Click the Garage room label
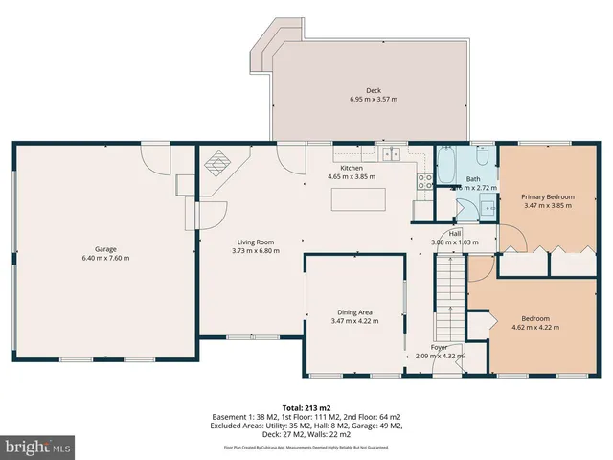tap(105, 248)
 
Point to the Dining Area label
tap(354, 311)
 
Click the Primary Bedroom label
tap(547, 195)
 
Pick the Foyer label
tap(439, 347)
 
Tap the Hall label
tap(454, 233)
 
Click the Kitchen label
tap(352, 168)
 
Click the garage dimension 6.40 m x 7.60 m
tap(105, 258)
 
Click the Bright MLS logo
tap(37, 446)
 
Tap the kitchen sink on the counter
tap(391, 153)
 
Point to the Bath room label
tap(473, 179)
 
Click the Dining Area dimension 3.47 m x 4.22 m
tap(354, 321)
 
